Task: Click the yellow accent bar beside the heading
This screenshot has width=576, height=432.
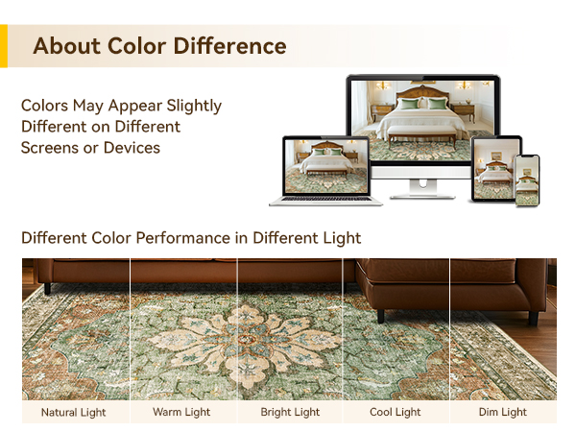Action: (3, 46)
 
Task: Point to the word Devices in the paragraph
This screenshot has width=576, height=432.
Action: (129, 148)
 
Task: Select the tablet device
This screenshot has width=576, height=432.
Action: (494, 168)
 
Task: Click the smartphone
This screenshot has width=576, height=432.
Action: (527, 180)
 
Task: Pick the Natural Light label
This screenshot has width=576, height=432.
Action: (74, 413)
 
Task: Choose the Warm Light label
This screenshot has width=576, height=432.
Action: (181, 413)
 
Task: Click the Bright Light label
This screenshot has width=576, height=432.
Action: (290, 413)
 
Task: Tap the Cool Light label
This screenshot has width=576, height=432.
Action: (396, 413)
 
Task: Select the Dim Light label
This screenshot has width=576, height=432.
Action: (503, 413)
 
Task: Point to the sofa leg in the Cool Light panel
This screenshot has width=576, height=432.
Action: (381, 315)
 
